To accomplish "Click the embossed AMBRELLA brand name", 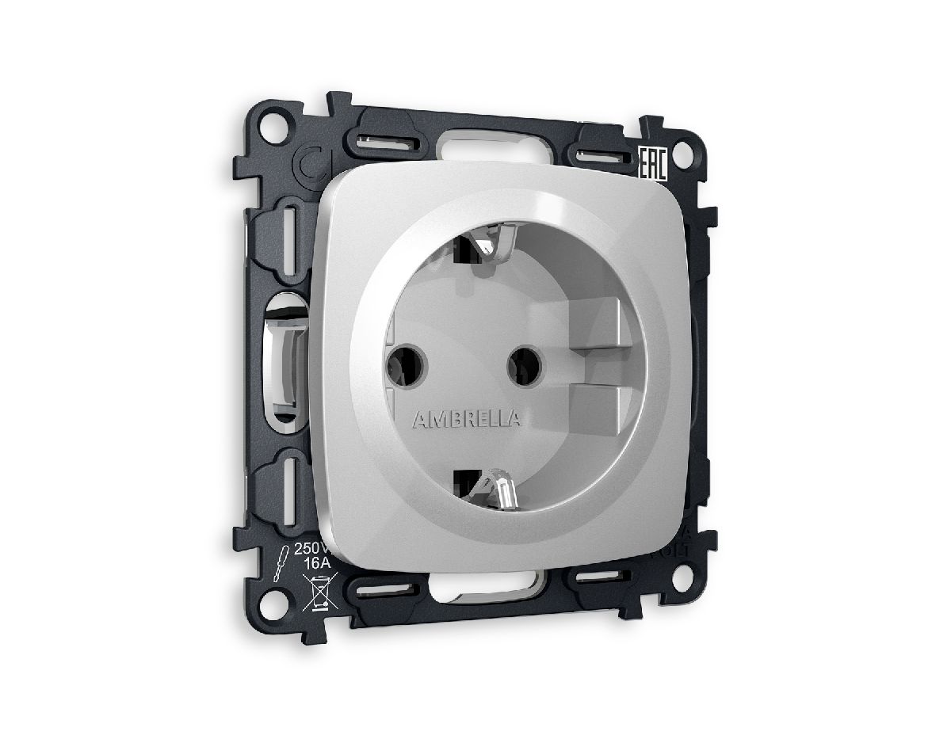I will point(466,419).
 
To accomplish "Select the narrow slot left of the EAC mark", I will point(603,154).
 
